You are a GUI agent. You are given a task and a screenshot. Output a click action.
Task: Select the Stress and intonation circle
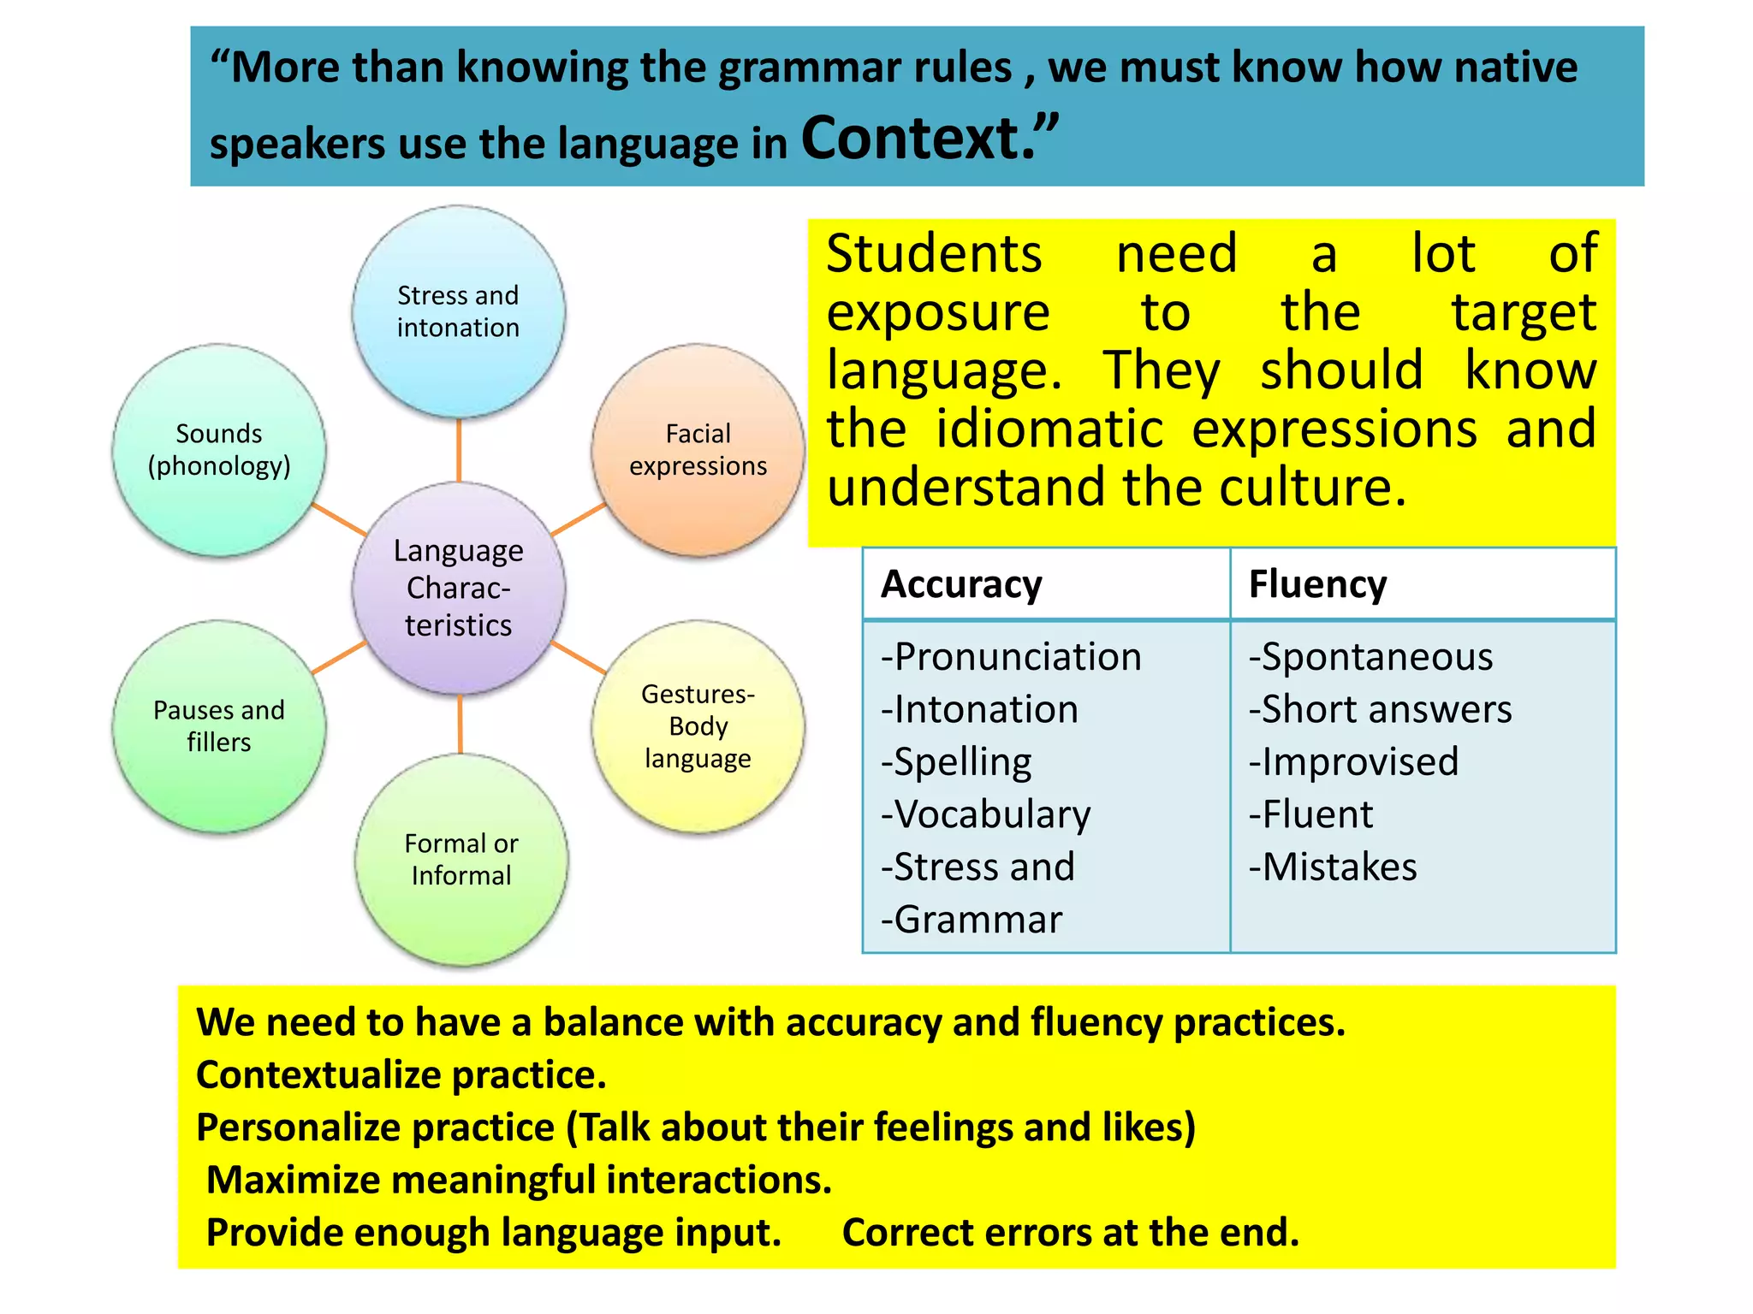(x=458, y=311)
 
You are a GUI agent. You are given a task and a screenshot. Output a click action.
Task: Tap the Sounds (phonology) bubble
(x=219, y=450)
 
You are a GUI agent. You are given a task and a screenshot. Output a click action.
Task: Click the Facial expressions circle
(x=698, y=450)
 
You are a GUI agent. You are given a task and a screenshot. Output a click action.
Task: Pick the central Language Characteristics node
(x=458, y=588)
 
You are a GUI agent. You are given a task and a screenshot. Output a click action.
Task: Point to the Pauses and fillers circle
(x=219, y=726)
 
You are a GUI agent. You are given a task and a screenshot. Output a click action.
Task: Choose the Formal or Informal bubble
(x=461, y=860)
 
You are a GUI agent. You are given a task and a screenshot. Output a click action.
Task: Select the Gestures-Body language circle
(x=698, y=726)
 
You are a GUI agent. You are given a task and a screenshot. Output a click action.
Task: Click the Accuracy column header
(x=961, y=585)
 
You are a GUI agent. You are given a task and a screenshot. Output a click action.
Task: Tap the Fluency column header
(x=1317, y=585)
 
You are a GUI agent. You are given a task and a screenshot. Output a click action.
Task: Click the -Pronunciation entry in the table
(x=1011, y=658)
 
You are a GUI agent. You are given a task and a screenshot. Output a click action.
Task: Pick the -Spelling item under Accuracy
(x=956, y=762)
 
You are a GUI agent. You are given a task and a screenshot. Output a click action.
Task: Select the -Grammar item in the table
(x=972, y=920)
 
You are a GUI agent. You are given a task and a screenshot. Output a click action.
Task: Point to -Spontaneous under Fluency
(x=1370, y=658)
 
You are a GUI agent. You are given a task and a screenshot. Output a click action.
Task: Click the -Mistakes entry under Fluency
(x=1333, y=867)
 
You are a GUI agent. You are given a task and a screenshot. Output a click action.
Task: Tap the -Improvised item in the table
(x=1353, y=762)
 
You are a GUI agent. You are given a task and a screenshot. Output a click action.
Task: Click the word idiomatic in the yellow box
(x=1049, y=429)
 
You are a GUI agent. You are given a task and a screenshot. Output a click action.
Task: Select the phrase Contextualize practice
(x=401, y=1075)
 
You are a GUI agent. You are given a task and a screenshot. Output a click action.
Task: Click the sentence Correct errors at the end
(x=1070, y=1233)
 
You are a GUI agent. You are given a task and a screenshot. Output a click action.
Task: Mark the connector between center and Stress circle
(x=459, y=450)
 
